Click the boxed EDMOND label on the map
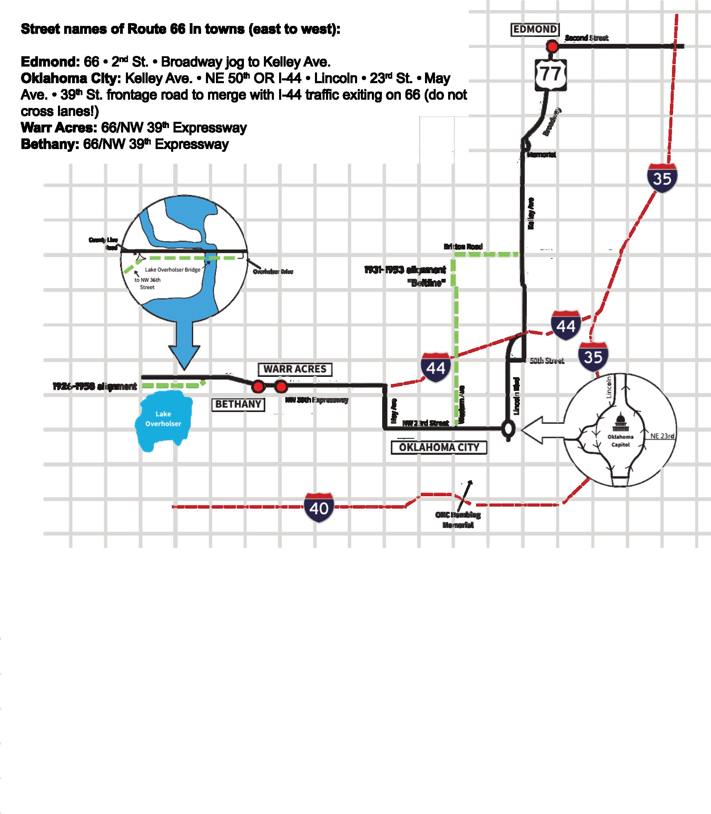535,30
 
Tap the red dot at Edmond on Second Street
552,47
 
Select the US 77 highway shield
551,74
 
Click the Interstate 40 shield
319,508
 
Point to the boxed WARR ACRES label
295,369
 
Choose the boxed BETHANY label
238,404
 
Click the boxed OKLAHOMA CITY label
439,447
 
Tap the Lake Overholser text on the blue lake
163,419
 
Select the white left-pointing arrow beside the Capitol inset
541,429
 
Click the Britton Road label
463,246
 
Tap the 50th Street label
547,361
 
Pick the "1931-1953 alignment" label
405,270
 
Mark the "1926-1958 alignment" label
95,386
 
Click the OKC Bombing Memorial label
458,520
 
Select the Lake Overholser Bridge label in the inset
172,269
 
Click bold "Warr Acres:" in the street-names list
59,128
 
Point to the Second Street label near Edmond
586,38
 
